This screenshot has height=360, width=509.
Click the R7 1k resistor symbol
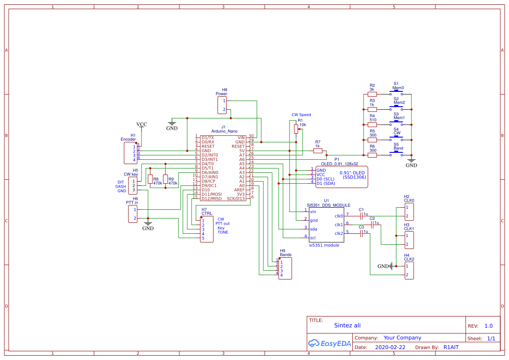pyautogui.click(x=317, y=151)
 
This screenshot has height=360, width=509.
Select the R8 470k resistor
pyautogui.click(x=150, y=179)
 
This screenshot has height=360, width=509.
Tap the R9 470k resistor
pyautogui.click(x=165, y=179)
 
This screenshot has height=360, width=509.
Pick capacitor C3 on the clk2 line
pyautogui.click(x=361, y=234)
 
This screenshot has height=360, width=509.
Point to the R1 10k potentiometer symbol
pyautogui.click(x=296, y=129)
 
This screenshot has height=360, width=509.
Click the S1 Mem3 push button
pyautogui.click(x=396, y=93)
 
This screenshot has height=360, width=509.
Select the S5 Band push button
pyautogui.click(x=396, y=154)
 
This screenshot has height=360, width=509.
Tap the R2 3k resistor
pyautogui.click(x=372, y=94)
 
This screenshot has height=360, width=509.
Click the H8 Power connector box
pyautogui.click(x=222, y=105)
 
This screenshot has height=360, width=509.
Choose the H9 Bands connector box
pyautogui.click(x=285, y=269)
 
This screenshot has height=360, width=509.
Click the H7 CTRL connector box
pyautogui.click(x=207, y=229)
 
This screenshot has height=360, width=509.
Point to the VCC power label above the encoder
pyautogui.click(x=142, y=124)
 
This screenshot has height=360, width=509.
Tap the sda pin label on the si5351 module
pyautogui.click(x=313, y=229)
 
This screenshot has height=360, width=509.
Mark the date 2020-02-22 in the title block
pyautogui.click(x=390, y=347)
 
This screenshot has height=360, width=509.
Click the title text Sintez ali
pyautogui.click(x=347, y=325)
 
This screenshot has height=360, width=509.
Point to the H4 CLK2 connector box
pyautogui.click(x=409, y=270)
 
